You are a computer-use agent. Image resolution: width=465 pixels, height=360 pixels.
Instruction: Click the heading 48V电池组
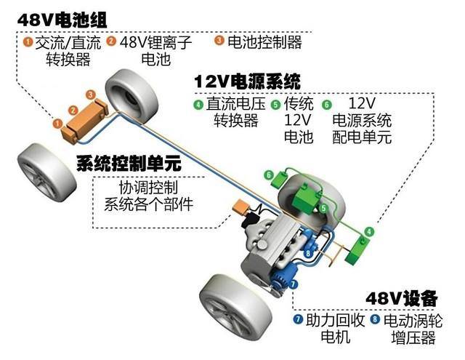click(x=62, y=20)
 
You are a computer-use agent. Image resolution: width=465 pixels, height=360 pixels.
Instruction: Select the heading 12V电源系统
click(x=247, y=81)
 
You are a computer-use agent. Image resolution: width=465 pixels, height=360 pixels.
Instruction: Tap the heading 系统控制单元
click(x=129, y=163)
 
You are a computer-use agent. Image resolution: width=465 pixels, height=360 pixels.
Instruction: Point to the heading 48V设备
click(x=402, y=298)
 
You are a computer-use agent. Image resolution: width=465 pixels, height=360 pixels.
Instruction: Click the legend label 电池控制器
click(x=264, y=42)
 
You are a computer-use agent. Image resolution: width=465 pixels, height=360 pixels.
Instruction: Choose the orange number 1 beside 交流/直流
click(x=28, y=41)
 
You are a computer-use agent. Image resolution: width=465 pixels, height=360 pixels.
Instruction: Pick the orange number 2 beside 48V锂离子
click(x=111, y=41)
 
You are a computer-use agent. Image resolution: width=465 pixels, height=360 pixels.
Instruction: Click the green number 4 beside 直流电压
click(x=198, y=105)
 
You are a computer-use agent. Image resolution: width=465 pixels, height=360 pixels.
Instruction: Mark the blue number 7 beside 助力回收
click(x=298, y=319)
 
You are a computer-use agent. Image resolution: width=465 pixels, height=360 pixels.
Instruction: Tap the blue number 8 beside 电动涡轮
click(x=375, y=319)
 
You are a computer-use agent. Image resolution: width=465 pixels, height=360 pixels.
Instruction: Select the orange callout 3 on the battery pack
click(x=90, y=95)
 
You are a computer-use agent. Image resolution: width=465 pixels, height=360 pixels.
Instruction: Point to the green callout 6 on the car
click(x=269, y=175)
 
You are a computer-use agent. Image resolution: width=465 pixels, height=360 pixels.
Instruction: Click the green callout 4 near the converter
click(x=369, y=231)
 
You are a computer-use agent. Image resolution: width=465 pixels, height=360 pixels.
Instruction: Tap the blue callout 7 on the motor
click(x=294, y=284)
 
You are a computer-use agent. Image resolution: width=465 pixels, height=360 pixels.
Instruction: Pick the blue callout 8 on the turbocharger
click(x=308, y=253)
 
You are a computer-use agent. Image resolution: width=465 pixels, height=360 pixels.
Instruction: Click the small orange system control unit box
click(x=240, y=207)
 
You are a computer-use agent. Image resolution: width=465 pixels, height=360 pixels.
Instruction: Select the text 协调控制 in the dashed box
click(x=148, y=187)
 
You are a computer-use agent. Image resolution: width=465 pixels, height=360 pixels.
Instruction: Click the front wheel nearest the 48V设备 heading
click(x=235, y=308)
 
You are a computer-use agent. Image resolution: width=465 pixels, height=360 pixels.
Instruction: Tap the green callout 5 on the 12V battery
click(x=323, y=208)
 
